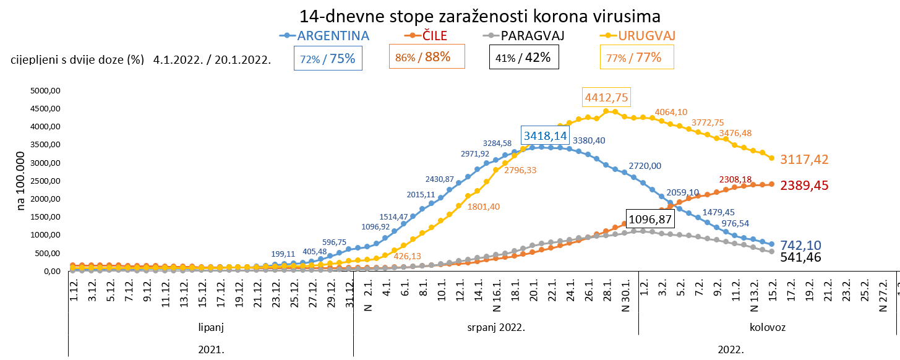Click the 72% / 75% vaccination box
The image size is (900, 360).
click(x=328, y=58)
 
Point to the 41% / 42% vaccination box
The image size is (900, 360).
click(x=524, y=58)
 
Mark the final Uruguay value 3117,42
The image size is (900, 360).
click(x=804, y=160)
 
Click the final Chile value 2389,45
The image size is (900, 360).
click(x=804, y=186)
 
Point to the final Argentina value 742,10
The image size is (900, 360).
click(x=801, y=246)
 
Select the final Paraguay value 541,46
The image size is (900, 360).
click(x=801, y=257)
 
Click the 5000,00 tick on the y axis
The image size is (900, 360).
click(x=47, y=90)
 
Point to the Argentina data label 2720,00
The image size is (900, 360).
click(x=645, y=166)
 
